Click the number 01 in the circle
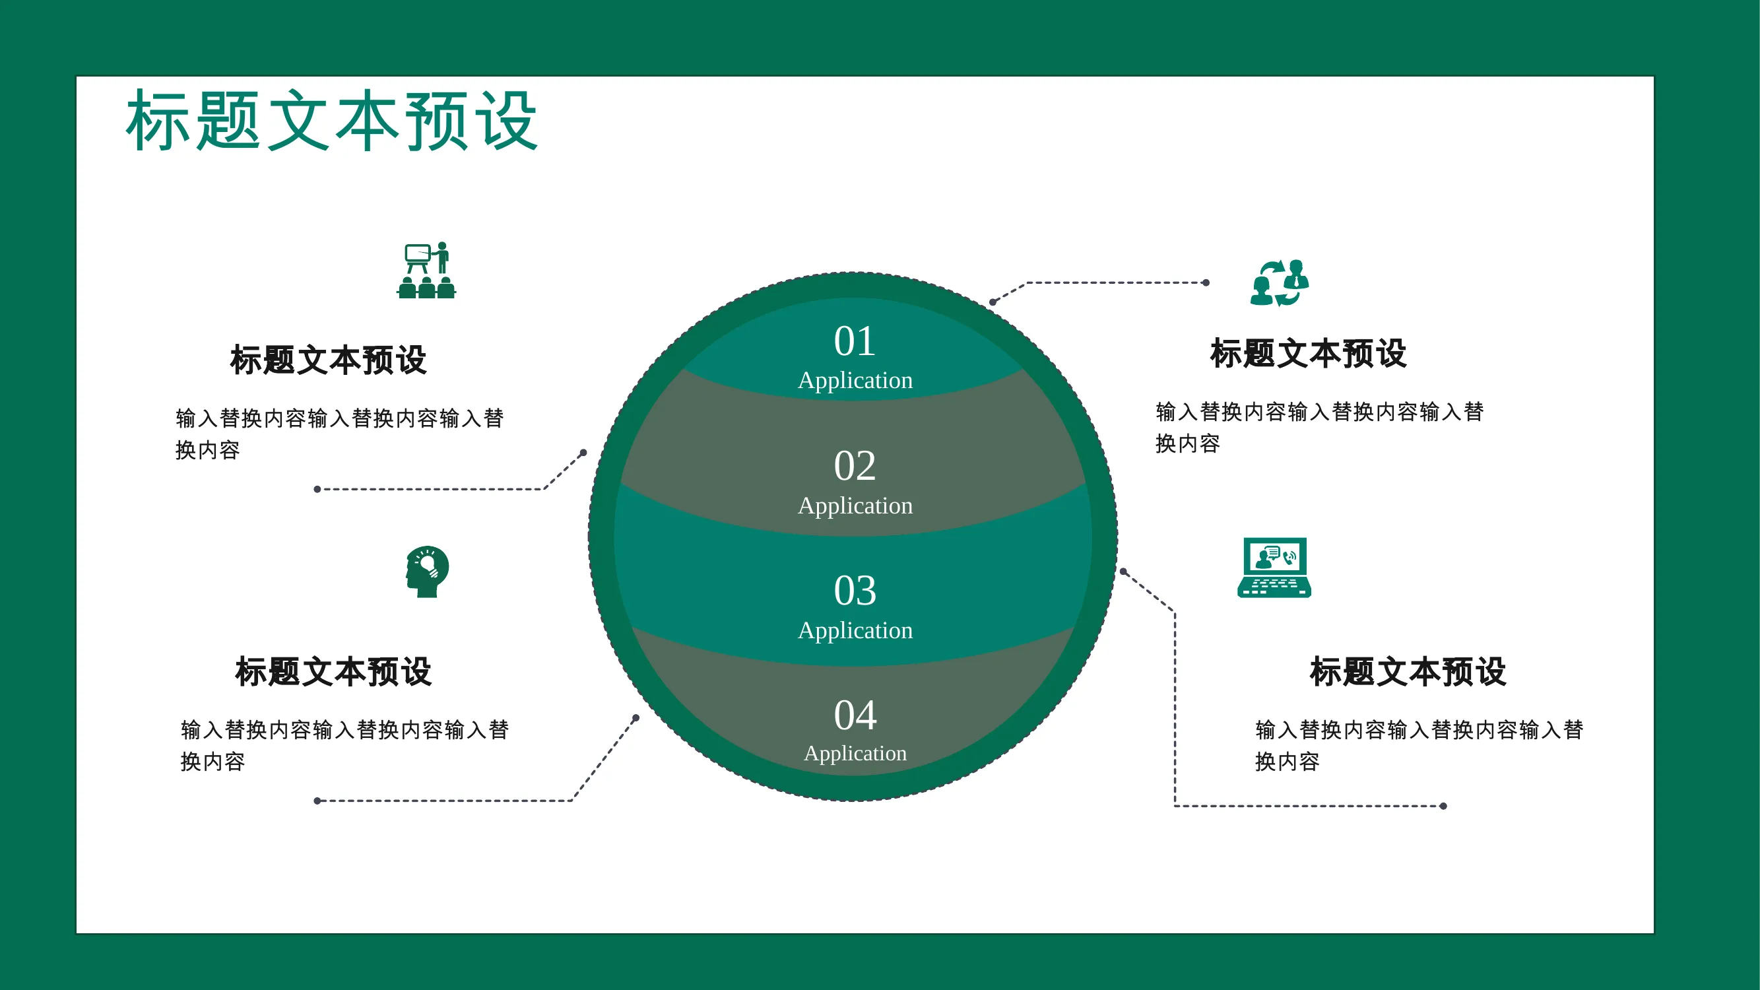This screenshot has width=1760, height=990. [854, 341]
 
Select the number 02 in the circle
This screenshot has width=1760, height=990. [854, 466]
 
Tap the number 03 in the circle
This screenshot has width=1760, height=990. [854, 590]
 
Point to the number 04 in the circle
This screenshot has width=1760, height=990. [854, 715]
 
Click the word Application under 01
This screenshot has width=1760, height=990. [855, 381]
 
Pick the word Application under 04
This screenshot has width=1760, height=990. [855, 754]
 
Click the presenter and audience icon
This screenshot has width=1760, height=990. [426, 270]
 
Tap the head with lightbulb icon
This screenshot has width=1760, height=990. [427, 572]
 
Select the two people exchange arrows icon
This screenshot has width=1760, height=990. [1279, 283]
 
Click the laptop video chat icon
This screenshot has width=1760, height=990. [1274, 568]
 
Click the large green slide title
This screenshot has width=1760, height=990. [332, 121]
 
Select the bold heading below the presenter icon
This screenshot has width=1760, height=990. [329, 360]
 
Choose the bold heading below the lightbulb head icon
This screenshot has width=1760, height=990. [333, 672]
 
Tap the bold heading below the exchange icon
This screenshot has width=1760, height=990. [1309, 354]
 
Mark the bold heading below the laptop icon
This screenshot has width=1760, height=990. [1408, 672]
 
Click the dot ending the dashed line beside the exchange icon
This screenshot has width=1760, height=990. [1206, 283]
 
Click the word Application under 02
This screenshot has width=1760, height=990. [855, 506]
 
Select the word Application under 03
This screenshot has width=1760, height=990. [855, 630]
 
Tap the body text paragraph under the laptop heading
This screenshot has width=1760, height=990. [1419, 745]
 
